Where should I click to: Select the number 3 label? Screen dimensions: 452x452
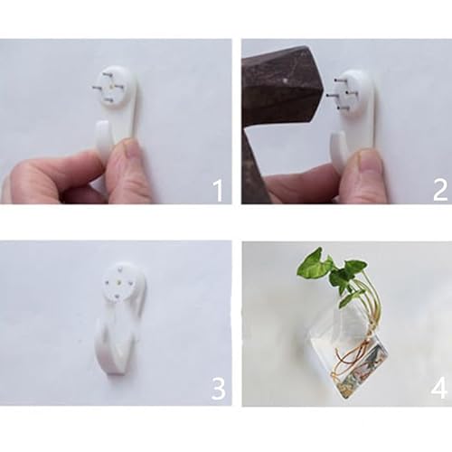[x=217, y=388]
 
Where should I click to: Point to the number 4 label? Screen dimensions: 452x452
[x=438, y=388]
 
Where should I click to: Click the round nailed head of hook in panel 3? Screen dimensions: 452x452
[x=123, y=280]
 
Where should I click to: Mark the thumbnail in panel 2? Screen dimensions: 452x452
[x=369, y=163]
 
